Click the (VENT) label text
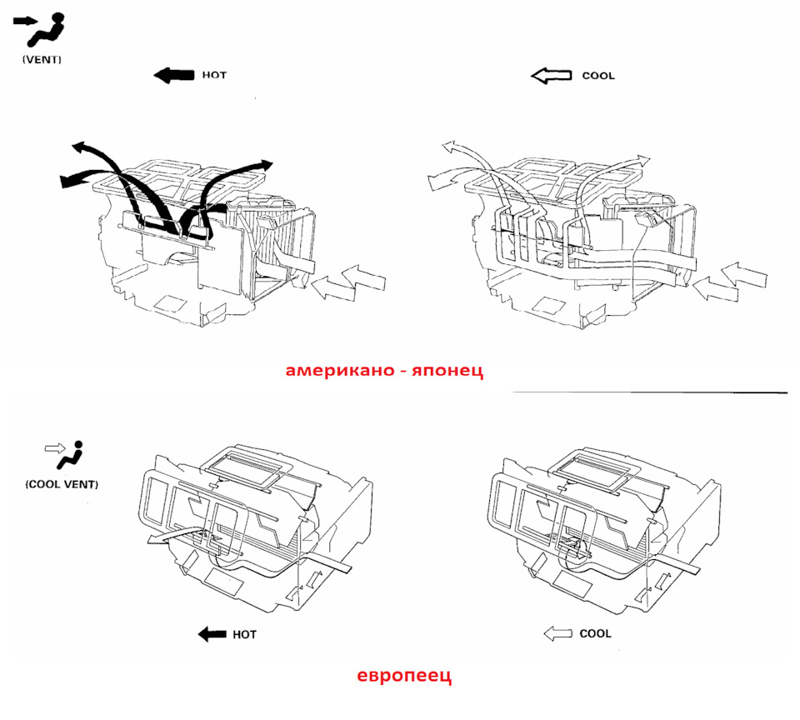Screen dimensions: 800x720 tap(42, 60)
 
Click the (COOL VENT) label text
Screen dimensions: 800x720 tap(62, 484)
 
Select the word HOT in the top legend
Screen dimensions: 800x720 tap(214, 75)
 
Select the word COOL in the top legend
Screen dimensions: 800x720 tap(598, 76)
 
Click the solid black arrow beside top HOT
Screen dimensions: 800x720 tap(174, 76)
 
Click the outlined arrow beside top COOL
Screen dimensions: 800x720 tap(551, 76)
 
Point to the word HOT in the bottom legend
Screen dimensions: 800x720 tap(244, 635)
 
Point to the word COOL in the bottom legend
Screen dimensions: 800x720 tap(595, 634)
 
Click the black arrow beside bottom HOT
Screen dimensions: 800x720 tap(212, 634)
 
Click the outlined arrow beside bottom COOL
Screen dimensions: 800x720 tap(558, 634)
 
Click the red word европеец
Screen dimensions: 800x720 tap(404, 676)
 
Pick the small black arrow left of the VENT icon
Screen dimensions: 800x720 tap(25, 22)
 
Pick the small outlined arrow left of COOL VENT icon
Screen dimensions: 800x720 tap(55, 448)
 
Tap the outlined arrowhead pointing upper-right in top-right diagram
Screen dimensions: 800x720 tap(642, 158)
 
